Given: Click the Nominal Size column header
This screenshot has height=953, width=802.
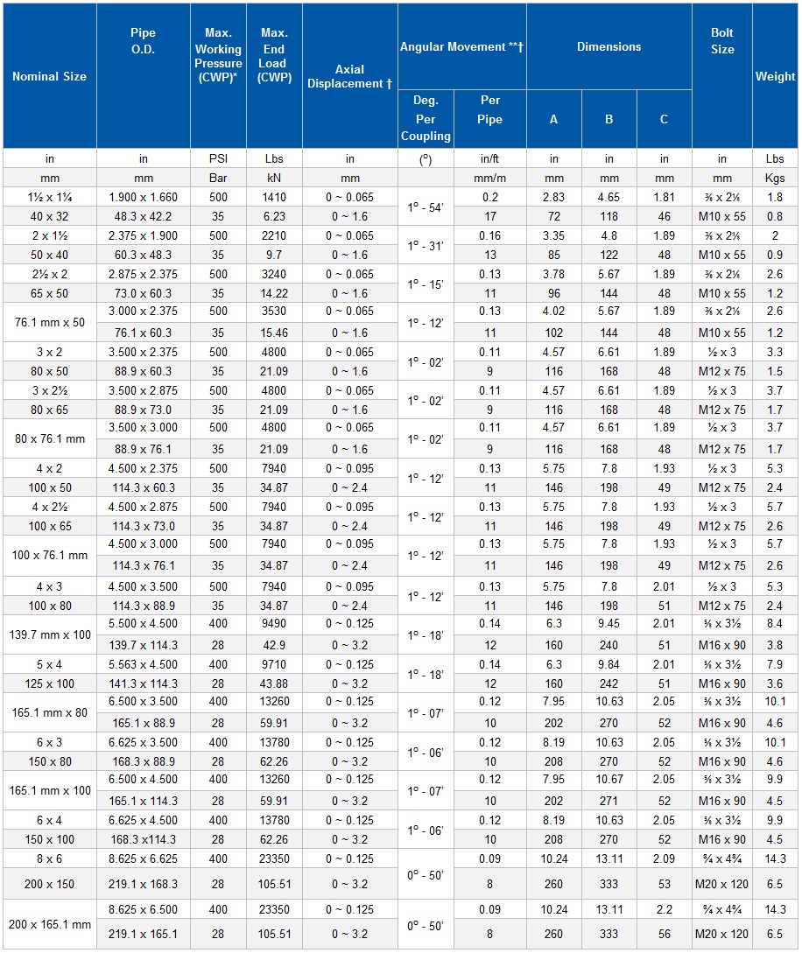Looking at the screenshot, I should pyautogui.click(x=49, y=76).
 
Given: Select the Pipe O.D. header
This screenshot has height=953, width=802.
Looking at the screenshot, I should pyautogui.click(x=143, y=41).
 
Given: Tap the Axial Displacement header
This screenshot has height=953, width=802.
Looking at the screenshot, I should pyautogui.click(x=349, y=76).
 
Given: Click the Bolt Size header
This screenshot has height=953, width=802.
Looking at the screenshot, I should pyautogui.click(x=721, y=41).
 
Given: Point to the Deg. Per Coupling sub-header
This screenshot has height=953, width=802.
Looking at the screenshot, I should pyautogui.click(x=426, y=118).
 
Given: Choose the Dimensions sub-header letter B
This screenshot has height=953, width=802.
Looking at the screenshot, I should pyautogui.click(x=609, y=119).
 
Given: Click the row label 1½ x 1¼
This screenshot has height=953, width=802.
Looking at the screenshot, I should pyautogui.click(x=49, y=198).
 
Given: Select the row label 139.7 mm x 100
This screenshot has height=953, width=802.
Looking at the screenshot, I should pyautogui.click(x=49, y=634).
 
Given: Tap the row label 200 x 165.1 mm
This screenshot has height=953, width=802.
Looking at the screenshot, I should pyautogui.click(x=49, y=924).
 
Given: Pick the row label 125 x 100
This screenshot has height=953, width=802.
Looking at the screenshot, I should pyautogui.click(x=49, y=683).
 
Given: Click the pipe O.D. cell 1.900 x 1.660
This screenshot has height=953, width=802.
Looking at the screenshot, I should pyautogui.click(x=143, y=198).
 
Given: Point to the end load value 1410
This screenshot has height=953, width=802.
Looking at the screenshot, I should pyautogui.click(x=274, y=198).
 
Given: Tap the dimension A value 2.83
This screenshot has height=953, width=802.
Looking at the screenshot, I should pyautogui.click(x=553, y=198).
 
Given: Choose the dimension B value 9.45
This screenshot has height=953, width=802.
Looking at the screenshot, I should pyautogui.click(x=609, y=624).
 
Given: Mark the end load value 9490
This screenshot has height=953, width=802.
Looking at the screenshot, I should pyautogui.click(x=274, y=624).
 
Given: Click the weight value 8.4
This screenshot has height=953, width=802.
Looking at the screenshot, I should pyautogui.click(x=775, y=624).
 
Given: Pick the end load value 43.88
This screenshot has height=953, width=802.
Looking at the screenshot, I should pyautogui.click(x=274, y=683).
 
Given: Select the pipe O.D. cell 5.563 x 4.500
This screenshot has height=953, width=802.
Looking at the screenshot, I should pyautogui.click(x=143, y=664).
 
